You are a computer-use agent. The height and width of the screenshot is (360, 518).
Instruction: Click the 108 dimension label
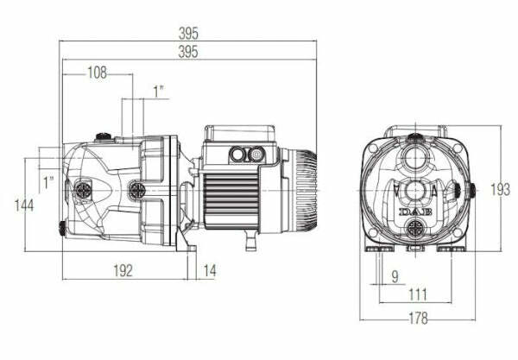tap(97, 73)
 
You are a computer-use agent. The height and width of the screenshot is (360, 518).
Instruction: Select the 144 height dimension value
tap(25, 205)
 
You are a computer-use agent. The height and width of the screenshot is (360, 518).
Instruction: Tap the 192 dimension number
tap(123, 270)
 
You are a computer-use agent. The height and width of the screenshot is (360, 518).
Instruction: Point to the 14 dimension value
tap(210, 270)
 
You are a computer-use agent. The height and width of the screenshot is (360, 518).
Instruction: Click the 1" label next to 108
tap(157, 91)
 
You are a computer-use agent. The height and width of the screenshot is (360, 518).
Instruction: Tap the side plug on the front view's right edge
tap(474, 190)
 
